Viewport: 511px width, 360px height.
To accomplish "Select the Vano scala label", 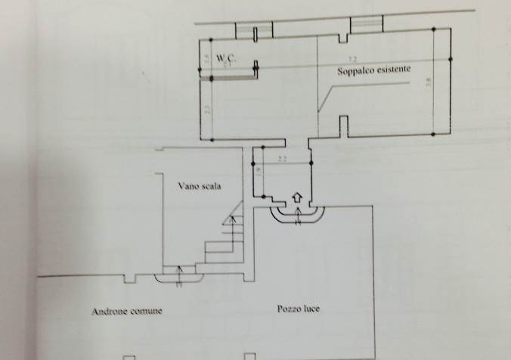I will click(x=200, y=187).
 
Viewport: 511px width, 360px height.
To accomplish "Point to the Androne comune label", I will click(x=127, y=311).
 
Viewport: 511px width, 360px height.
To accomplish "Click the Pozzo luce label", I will click(x=298, y=309).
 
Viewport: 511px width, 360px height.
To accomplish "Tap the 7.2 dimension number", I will click(x=352, y=60).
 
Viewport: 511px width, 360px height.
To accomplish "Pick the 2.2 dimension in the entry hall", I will click(x=282, y=159).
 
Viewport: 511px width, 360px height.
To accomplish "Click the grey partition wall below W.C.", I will click(x=228, y=76).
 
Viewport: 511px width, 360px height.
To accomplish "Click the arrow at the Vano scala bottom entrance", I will click(x=179, y=276).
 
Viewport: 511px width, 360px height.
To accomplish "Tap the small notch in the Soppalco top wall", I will click(x=343, y=37).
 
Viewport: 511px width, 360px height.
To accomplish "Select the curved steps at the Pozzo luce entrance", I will click(x=299, y=216).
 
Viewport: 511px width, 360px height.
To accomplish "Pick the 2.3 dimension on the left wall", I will click(x=207, y=110).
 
